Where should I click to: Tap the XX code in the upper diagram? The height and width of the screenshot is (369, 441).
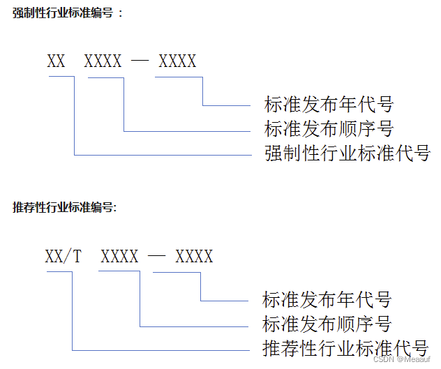(x=57, y=61)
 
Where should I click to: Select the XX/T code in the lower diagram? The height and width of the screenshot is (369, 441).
(x=63, y=257)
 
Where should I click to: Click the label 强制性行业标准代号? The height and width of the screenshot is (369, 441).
(x=347, y=153)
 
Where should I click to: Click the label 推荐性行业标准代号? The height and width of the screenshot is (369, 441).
(x=345, y=347)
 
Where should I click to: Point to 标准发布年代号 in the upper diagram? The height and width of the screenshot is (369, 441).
(x=329, y=105)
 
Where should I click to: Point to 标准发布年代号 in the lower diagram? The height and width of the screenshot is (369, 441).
(x=327, y=300)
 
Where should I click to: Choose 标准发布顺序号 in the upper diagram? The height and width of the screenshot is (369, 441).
(x=329, y=129)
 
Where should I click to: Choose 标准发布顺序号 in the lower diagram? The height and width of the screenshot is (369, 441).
(x=327, y=324)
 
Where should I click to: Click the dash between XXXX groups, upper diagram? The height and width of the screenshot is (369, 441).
(x=140, y=61)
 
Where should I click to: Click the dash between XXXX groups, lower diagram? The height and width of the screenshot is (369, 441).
(x=157, y=257)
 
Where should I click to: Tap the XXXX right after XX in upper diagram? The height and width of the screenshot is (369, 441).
(x=103, y=61)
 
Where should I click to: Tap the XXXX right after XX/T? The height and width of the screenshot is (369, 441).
(x=119, y=257)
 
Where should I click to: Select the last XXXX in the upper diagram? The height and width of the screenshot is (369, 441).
(x=177, y=61)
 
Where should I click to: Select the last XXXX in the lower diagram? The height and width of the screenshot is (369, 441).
(x=194, y=257)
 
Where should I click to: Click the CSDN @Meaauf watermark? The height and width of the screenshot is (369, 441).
(x=405, y=360)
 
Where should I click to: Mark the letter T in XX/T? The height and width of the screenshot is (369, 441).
(x=77, y=257)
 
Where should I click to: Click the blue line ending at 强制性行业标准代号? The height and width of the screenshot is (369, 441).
(x=160, y=154)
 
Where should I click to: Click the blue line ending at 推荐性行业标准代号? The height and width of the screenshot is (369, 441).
(x=160, y=349)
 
